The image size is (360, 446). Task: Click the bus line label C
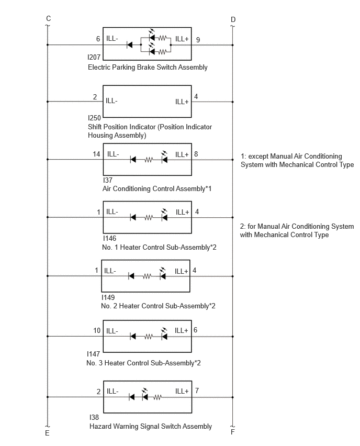click(x=48, y=18)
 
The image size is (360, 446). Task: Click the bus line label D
click(x=233, y=19)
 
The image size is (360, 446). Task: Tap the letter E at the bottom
click(x=47, y=433)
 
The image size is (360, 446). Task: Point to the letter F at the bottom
click(x=233, y=432)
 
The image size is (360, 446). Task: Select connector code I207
click(x=94, y=57)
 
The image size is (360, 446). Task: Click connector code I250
click(x=94, y=118)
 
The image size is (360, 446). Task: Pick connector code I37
click(x=107, y=180)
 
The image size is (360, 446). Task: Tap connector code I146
click(x=109, y=238)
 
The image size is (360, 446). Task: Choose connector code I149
click(x=108, y=297)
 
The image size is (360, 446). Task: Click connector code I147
click(x=93, y=354)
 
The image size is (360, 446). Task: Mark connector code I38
click(x=94, y=417)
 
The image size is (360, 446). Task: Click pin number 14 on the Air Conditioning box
click(x=96, y=154)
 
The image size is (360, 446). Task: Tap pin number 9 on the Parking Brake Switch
click(x=198, y=40)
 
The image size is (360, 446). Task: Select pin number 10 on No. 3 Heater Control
click(x=97, y=330)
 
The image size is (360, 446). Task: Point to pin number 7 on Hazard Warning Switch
click(x=197, y=391)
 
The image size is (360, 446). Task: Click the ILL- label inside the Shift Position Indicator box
click(x=111, y=101)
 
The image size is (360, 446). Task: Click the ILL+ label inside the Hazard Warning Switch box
click(x=182, y=391)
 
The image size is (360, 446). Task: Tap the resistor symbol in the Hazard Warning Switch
click(x=157, y=397)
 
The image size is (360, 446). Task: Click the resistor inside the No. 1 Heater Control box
click(x=149, y=218)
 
